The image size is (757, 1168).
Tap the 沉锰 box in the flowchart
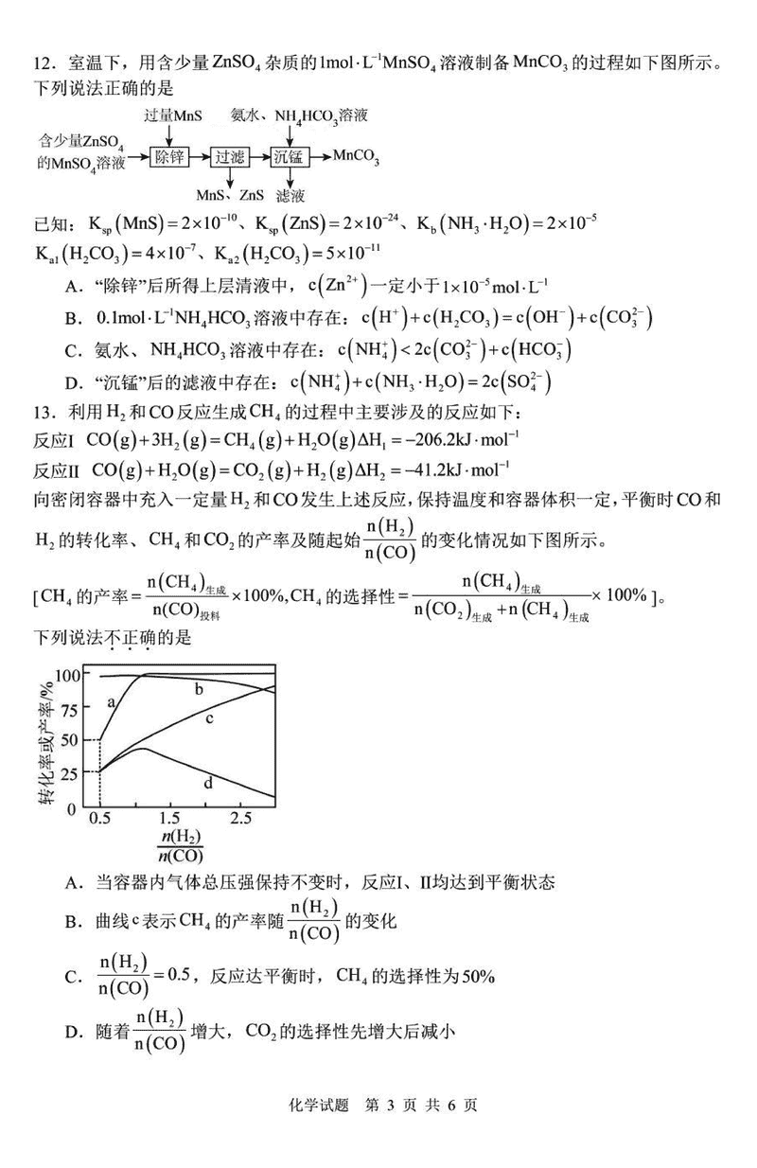tap(290, 156)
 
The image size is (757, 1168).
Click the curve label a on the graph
tap(112, 702)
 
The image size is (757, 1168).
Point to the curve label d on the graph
tap(207, 782)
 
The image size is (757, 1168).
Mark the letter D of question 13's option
tap(72, 1030)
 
